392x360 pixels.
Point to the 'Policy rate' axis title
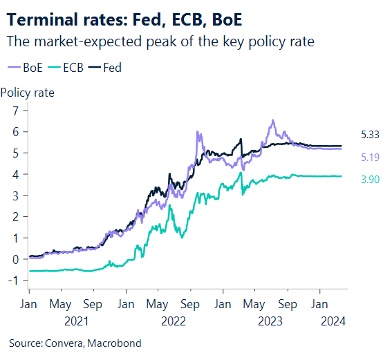[28, 92]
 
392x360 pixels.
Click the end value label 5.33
[370, 135]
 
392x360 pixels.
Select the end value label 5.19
[370, 158]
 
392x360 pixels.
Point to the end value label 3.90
[370, 180]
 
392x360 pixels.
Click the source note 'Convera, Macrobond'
[80, 343]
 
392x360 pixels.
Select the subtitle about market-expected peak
[160, 41]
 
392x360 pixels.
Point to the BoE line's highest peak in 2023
[273, 121]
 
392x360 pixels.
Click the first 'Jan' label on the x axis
[29, 304]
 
